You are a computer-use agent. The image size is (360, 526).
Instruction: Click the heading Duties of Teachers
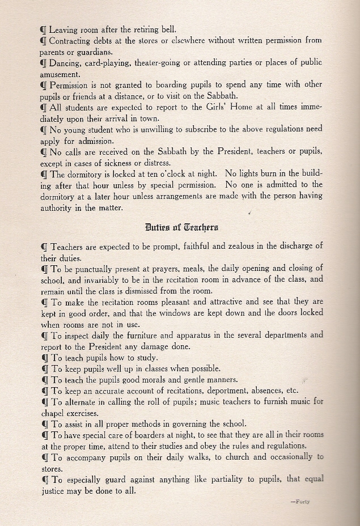pos(181,227)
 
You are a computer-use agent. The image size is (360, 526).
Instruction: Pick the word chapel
pos(54,412)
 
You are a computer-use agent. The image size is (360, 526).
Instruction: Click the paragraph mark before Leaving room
pos(44,29)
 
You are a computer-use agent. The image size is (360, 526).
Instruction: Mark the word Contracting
pos(75,40)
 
